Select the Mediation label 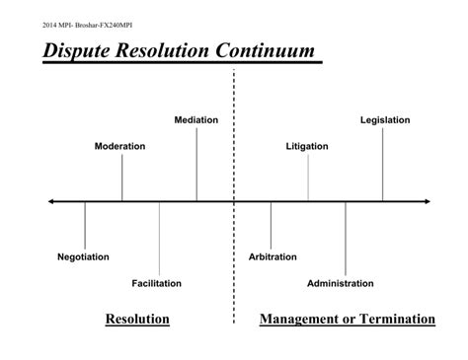point(196,120)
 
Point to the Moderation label point(119,146)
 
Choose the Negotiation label point(84,256)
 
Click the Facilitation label point(157,283)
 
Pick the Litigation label point(307,146)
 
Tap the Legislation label point(385,120)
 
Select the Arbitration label point(273,256)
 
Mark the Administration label point(341,283)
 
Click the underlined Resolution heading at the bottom point(137,319)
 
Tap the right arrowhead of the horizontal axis point(427,201)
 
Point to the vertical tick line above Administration point(346,238)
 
